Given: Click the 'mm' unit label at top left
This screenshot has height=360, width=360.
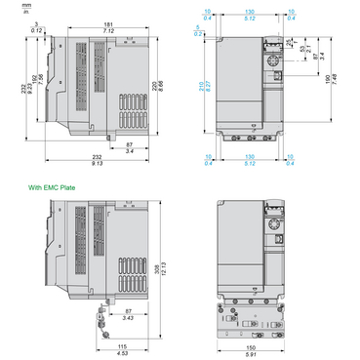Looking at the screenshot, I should click(x=9, y=7).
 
